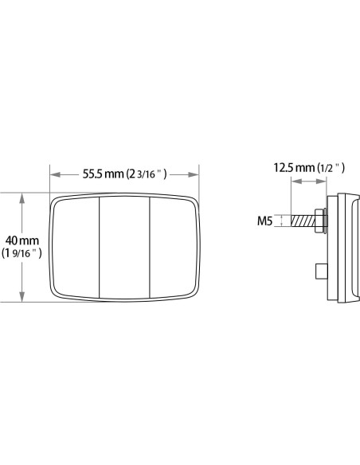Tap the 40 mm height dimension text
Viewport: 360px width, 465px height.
tap(22, 240)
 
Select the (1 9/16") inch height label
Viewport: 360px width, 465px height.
tap(22, 253)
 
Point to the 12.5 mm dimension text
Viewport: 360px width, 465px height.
tap(293, 167)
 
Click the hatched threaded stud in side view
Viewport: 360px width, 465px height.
tap(303, 221)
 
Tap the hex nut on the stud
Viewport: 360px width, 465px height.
tap(319, 221)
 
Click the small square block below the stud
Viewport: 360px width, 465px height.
tap(322, 272)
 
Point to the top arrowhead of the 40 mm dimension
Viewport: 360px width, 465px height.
tap(22, 196)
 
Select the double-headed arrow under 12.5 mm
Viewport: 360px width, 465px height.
tap(308, 182)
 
